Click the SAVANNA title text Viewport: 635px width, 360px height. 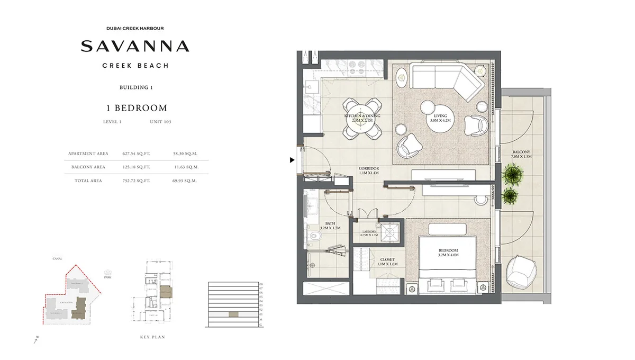tap(135, 46)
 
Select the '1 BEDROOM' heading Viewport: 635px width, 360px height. tap(137, 108)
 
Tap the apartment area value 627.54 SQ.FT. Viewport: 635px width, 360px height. tap(136, 154)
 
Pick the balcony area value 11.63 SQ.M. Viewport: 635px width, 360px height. tap(185, 167)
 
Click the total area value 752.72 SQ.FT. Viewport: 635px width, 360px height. tap(136, 181)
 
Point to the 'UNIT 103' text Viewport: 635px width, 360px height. tap(160, 122)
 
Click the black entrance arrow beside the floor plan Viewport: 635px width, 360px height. tap(292, 160)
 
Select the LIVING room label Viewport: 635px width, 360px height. tap(440, 116)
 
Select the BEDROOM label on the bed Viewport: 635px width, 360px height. tap(448, 250)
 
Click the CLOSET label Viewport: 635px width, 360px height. tap(388, 260)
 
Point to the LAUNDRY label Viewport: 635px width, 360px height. tap(368, 231)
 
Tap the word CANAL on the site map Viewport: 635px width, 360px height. tap(58, 259)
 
